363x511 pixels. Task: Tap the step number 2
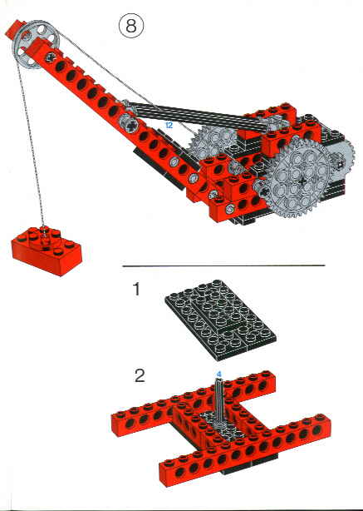pyautogui.click(x=140, y=375)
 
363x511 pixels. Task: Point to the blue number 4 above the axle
pyautogui.click(x=219, y=373)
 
